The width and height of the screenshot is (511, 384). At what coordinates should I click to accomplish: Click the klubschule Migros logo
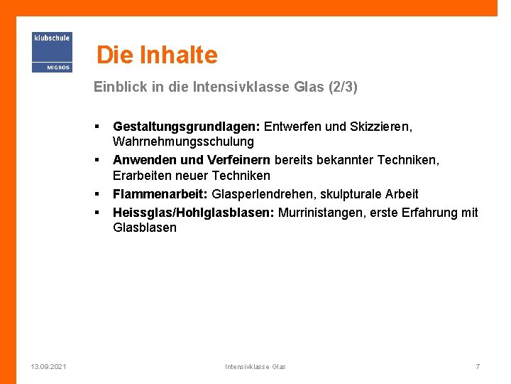tap(52, 52)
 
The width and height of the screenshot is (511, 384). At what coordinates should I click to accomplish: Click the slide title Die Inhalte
tap(157, 55)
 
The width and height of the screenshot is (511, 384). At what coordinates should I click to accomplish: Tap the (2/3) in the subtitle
tap(344, 87)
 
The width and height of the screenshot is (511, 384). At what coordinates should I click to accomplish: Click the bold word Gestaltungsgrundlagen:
tap(187, 127)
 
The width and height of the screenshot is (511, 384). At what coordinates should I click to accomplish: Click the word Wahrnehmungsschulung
tap(183, 142)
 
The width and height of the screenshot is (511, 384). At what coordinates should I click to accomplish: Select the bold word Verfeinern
tap(238, 160)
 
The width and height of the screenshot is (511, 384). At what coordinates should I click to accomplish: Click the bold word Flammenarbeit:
tap(160, 194)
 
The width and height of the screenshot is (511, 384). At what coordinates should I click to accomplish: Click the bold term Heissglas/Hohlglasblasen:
tap(194, 213)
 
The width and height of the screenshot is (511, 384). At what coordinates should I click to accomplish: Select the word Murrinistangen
tap(320, 213)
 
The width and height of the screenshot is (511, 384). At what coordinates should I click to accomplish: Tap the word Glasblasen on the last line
tap(145, 228)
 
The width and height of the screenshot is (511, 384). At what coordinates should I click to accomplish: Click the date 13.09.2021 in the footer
tap(49, 366)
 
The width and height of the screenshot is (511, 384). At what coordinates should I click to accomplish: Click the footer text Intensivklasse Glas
tap(255, 366)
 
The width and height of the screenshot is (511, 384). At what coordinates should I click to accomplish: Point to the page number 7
tap(478, 366)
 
